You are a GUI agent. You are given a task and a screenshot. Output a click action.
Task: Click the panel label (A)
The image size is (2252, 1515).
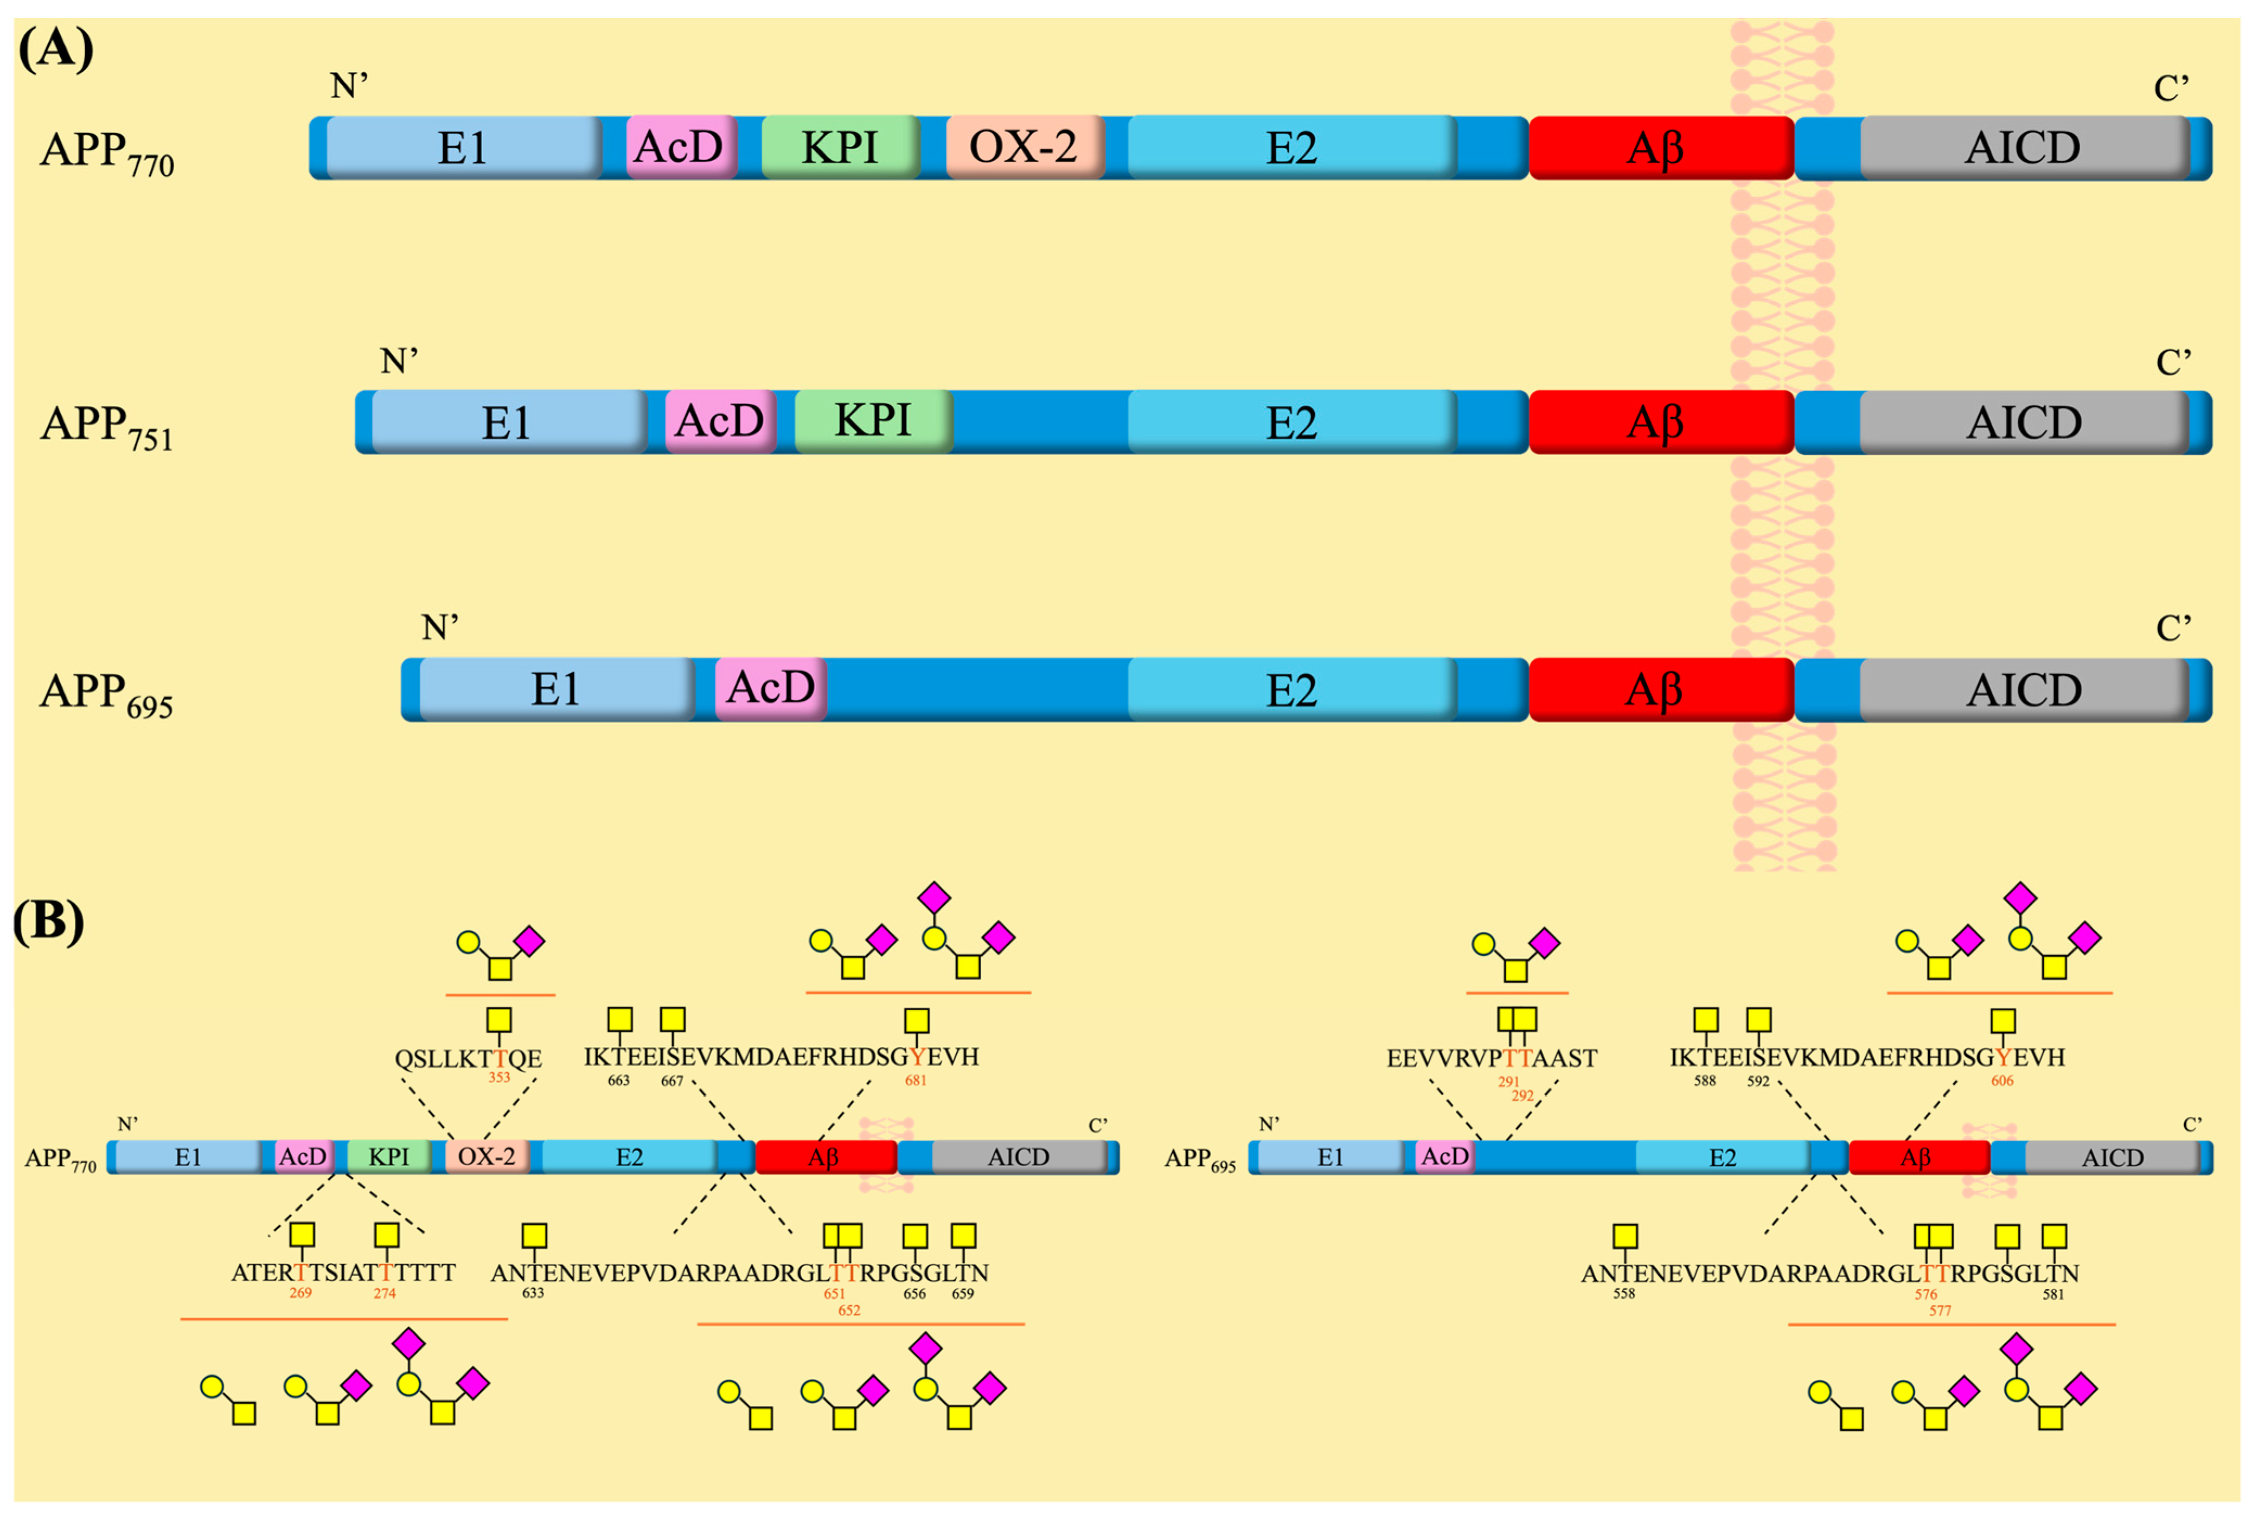pos(55,48)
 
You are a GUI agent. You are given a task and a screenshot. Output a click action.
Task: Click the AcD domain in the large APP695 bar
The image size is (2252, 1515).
pos(771,689)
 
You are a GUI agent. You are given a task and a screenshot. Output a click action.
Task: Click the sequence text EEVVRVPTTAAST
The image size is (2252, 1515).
pos(1492,1059)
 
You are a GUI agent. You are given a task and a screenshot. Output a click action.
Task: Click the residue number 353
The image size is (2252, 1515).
pos(498,1077)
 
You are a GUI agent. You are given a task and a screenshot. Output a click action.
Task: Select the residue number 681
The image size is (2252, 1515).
pos(915,1080)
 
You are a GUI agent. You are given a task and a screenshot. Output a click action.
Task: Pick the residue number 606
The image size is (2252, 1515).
pos(2002,1080)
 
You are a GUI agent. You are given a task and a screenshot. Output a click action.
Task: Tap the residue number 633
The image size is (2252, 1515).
pos(532,1293)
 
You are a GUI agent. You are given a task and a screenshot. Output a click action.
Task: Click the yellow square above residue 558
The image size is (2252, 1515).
pos(1625,1236)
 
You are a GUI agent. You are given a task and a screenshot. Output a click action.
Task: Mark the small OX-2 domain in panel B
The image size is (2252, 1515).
pos(486,1156)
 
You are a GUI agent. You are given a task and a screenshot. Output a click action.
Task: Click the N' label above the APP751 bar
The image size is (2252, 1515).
pos(399,361)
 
